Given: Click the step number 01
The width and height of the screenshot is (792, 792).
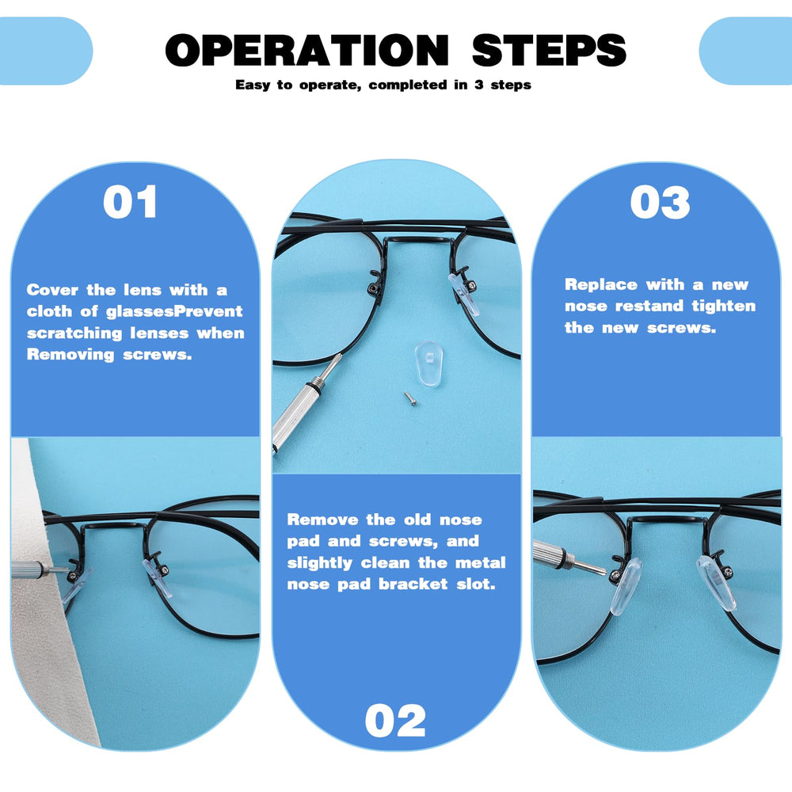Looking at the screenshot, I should coord(131,203).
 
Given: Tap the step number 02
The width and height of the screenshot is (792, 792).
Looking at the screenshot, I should coord(395,722).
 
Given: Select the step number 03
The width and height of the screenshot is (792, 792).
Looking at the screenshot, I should coord(660,203).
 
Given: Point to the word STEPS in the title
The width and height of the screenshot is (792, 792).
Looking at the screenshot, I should coord(549,51).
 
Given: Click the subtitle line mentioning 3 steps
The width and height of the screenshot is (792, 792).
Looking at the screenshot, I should coord(383,85).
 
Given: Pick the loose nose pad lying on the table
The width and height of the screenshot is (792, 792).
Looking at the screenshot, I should coord(425,360).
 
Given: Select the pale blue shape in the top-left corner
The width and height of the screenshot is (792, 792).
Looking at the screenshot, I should coord(44,51).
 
